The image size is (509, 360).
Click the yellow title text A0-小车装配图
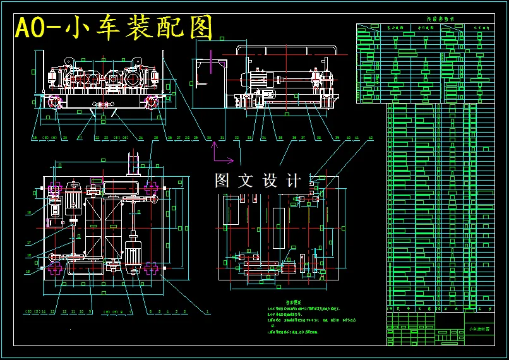[114, 28]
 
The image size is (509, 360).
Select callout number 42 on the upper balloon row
[370, 137]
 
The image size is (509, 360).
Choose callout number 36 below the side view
[263, 137]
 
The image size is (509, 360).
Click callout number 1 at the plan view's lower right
[208, 311]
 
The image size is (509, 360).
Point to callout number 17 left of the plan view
[28, 243]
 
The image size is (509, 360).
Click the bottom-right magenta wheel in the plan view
[152, 268]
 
